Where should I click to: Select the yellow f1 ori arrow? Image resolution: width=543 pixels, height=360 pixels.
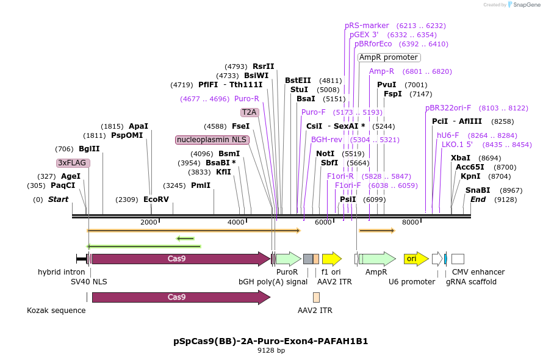pyautogui.click(x=331, y=259)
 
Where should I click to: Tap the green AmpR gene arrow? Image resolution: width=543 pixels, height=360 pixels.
pyautogui.click(x=376, y=259)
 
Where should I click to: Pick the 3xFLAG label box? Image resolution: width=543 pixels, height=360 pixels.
pyautogui.click(x=73, y=163)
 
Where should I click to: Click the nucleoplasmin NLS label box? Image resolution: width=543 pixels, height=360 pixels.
pyautogui.click(x=211, y=140)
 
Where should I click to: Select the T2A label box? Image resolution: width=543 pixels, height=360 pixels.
pyautogui.click(x=249, y=112)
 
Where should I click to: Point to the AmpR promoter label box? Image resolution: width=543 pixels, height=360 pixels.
pyautogui.click(x=389, y=57)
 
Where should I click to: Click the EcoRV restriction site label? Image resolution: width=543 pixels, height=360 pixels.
pyautogui.click(x=156, y=200)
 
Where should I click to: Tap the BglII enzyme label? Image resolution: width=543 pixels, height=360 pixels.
pyautogui.click(x=89, y=149)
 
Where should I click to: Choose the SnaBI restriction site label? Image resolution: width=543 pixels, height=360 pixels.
pyautogui.click(x=477, y=190)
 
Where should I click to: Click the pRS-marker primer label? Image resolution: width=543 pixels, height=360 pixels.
pyautogui.click(x=367, y=26)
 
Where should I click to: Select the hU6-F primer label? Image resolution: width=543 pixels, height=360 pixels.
pyautogui.click(x=448, y=135)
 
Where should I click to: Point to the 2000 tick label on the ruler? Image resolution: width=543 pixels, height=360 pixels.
pyautogui.click(x=149, y=222)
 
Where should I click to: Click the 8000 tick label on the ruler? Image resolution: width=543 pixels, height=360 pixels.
pyautogui.click(x=411, y=222)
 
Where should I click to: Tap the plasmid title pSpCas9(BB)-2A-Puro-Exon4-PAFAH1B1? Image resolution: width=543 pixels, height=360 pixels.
pyautogui.click(x=271, y=341)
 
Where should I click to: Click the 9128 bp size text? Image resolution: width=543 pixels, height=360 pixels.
pyautogui.click(x=271, y=351)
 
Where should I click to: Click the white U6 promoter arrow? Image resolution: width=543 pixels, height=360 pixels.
pyautogui.click(x=437, y=259)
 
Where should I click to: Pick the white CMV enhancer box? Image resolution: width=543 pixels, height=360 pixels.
pyautogui.click(x=458, y=259)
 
